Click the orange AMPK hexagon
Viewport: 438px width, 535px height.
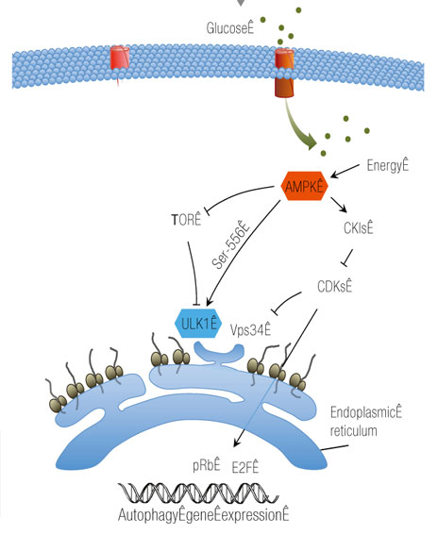point(304,186)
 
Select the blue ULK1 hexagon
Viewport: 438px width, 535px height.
point(198,323)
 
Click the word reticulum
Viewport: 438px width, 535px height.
point(353,430)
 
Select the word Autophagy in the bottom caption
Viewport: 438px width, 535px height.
point(148,515)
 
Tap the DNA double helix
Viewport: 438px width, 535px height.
point(198,493)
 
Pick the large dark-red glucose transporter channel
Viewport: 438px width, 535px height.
point(284,73)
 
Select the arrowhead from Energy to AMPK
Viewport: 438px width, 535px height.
point(334,175)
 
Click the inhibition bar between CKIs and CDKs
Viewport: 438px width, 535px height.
point(345,264)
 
